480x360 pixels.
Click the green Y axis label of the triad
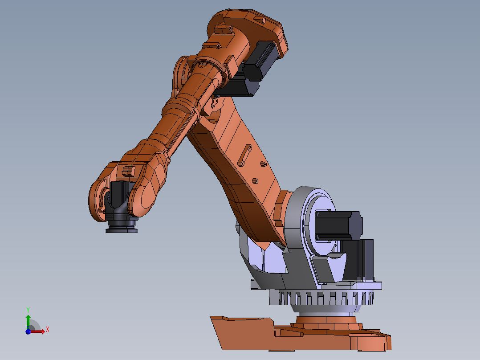(x=28, y=309)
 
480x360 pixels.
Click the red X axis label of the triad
(x=47, y=330)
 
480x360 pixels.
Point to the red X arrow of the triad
(x=39, y=331)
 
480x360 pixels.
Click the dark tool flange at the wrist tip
(x=122, y=228)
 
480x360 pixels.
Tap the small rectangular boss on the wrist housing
(x=128, y=170)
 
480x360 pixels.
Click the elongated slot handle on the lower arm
(x=244, y=157)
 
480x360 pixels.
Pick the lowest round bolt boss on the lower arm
(x=256, y=180)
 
